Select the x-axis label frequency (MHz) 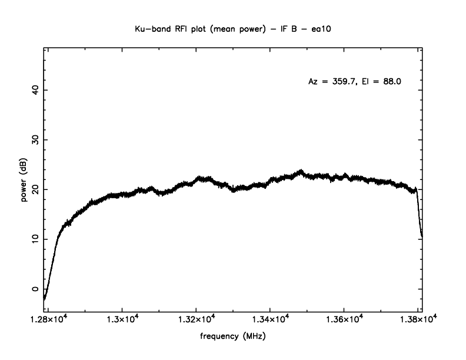[232, 338]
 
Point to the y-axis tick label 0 [35, 289]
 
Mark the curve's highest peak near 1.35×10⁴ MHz [301, 171]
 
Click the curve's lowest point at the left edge [45, 299]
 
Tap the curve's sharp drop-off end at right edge [422, 236]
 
